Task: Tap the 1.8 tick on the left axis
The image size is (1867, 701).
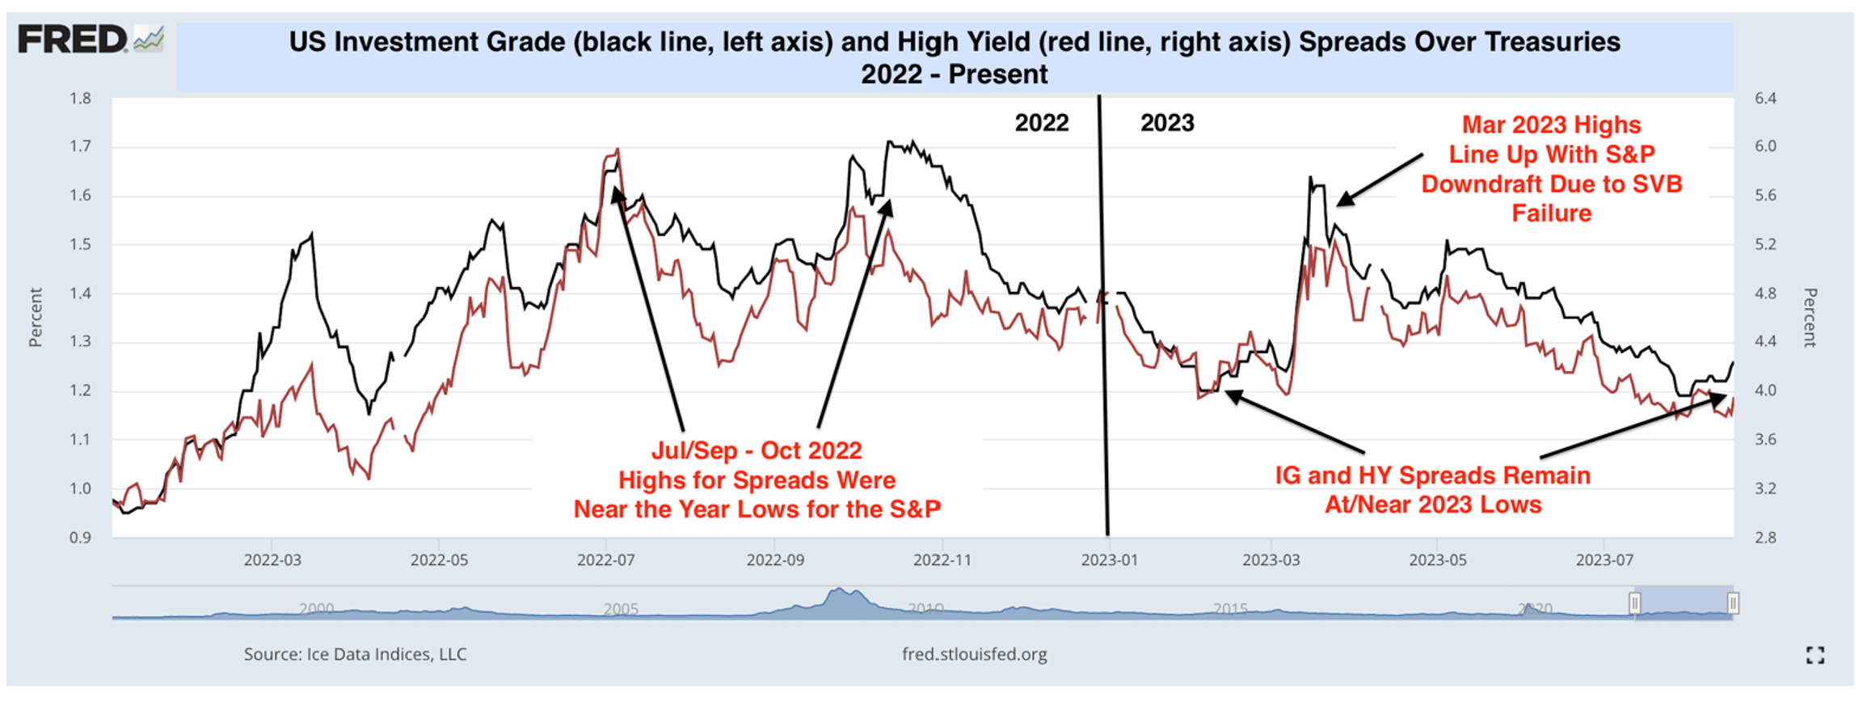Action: (80, 99)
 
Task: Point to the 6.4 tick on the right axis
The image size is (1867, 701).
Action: (1765, 99)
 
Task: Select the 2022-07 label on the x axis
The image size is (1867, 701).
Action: (605, 560)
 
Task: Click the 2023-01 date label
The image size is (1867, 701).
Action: (1110, 560)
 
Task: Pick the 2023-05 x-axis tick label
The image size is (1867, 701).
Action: (1438, 560)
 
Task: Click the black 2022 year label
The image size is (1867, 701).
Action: (1041, 123)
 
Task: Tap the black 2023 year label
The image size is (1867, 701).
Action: (1167, 123)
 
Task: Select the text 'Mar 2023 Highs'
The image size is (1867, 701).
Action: (1551, 125)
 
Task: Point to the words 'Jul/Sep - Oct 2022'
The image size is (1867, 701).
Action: (756, 450)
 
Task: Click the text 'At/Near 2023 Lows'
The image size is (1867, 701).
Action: (1432, 505)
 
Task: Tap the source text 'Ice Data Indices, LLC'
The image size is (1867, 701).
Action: (386, 654)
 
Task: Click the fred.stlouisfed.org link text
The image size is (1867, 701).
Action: (974, 654)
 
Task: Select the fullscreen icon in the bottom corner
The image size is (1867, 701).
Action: (1815, 655)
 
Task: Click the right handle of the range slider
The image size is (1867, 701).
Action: (1733, 603)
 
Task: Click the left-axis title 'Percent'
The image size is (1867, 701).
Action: (36, 317)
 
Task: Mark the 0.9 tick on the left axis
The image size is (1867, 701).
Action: (80, 538)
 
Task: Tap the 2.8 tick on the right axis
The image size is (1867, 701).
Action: (1765, 538)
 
